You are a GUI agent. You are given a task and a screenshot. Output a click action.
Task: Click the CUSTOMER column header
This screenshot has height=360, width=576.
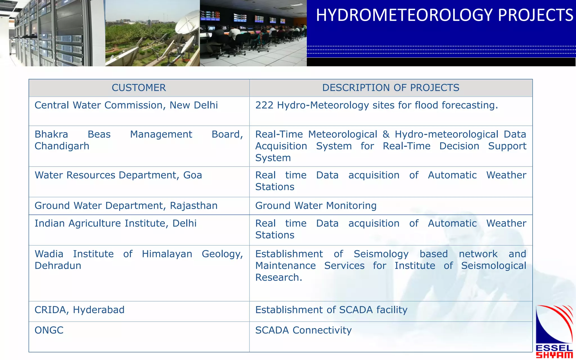tap(139, 88)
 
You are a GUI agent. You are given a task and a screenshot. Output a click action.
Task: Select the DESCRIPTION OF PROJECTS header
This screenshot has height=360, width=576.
tap(390, 88)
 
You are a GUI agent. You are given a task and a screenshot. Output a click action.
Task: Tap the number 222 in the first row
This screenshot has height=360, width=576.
tap(264, 105)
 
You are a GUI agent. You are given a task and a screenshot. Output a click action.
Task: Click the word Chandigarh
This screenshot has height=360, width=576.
tap(62, 146)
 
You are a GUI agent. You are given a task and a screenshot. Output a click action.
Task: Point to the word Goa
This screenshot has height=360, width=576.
tap(193, 175)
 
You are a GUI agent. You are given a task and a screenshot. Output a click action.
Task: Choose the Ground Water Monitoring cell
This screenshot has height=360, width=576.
tap(316, 206)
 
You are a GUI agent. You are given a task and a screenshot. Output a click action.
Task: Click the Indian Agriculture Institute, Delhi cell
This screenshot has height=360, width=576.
tap(115, 223)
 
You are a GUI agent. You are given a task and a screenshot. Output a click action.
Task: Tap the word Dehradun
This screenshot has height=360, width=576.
tap(58, 266)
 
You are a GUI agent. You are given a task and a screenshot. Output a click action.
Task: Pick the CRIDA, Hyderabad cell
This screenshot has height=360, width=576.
tap(79, 310)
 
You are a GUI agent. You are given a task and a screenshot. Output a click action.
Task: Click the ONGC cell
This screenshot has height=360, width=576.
tap(49, 330)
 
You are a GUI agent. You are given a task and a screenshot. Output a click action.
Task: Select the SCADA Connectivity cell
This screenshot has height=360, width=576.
tap(303, 330)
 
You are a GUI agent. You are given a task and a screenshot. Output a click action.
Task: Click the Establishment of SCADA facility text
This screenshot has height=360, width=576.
tap(331, 310)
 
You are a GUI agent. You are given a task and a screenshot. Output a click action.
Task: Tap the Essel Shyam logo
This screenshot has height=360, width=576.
tap(554, 332)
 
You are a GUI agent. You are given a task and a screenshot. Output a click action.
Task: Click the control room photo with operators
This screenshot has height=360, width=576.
tap(253, 33)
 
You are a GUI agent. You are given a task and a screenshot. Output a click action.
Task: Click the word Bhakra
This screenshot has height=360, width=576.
tap(51, 134)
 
